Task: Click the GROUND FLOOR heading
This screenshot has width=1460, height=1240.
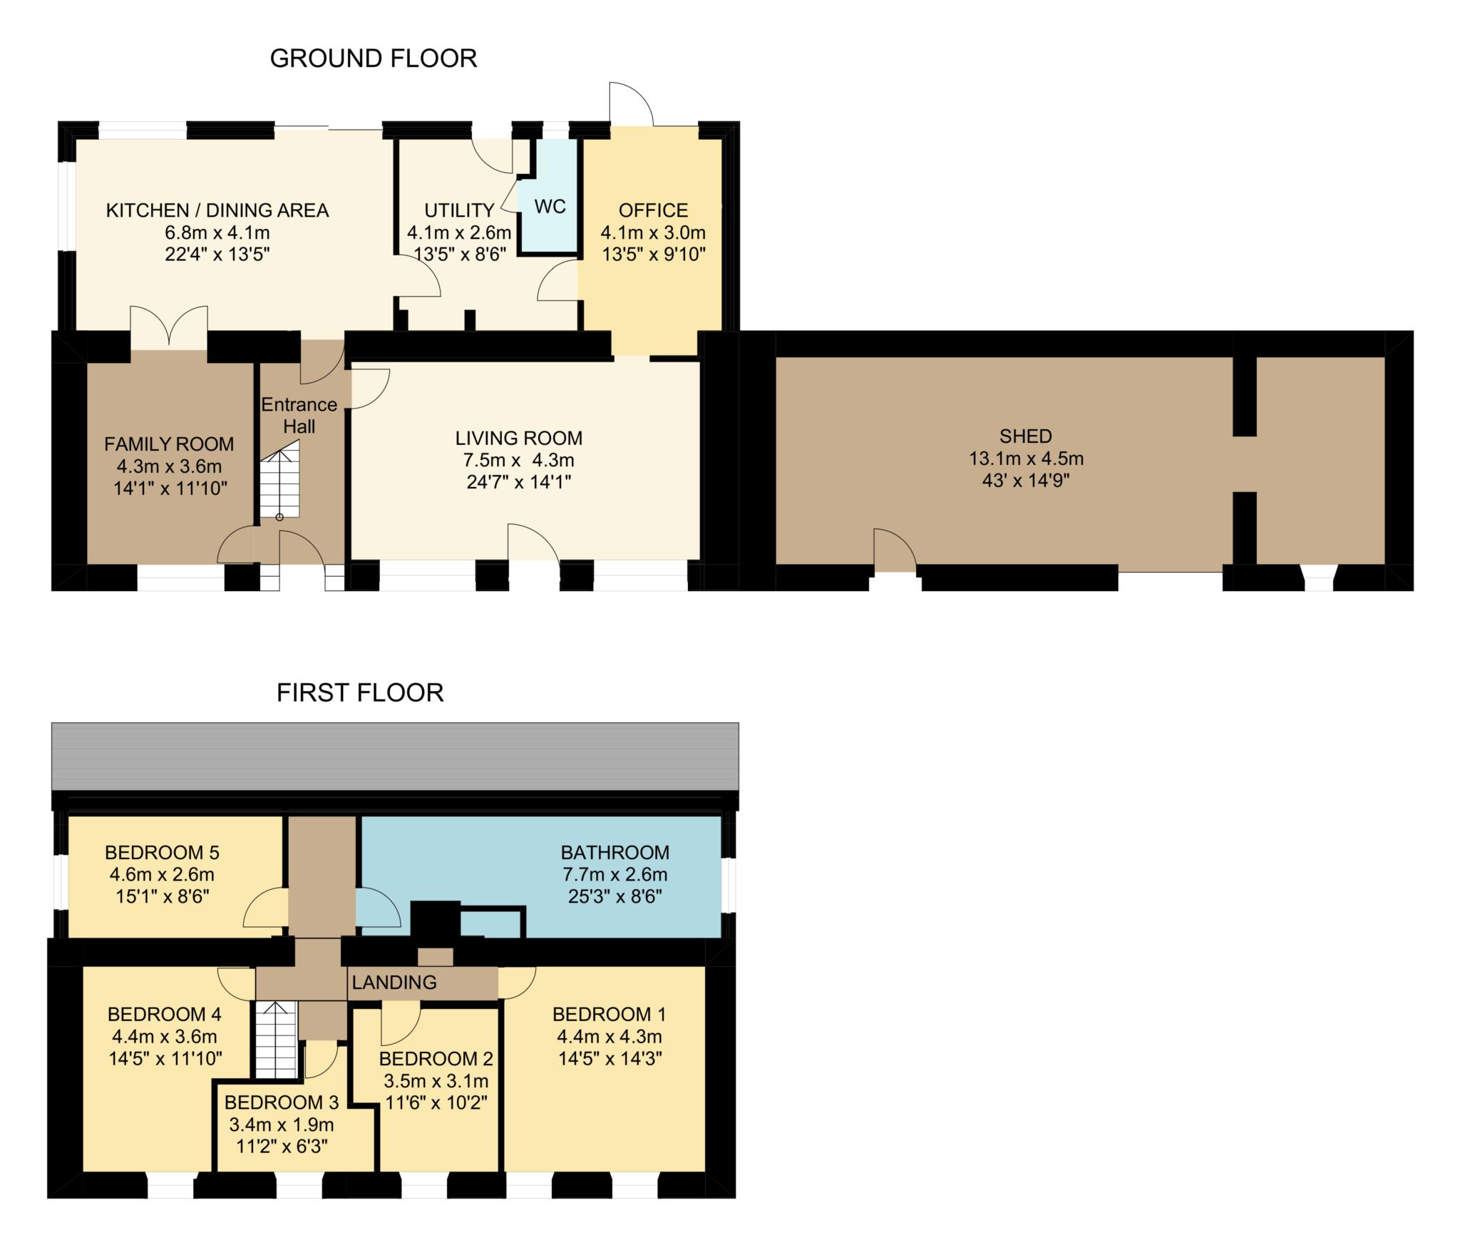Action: point(374,58)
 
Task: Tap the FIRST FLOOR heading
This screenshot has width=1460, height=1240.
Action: point(360,692)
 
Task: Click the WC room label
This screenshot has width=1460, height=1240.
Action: point(550,207)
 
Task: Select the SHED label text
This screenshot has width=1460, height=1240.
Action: point(1026,436)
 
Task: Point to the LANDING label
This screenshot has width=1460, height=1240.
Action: point(394,982)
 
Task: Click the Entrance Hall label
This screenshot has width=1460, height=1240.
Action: point(299,415)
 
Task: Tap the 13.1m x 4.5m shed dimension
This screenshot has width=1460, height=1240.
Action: point(1026,458)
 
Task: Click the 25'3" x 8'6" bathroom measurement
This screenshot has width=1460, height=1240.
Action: point(615,896)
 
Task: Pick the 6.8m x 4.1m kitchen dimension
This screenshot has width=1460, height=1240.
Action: point(217,232)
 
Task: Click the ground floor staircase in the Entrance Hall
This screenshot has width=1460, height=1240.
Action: point(279,479)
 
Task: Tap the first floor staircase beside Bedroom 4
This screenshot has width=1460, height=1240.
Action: point(275,1040)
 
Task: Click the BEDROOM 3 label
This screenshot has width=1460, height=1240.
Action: point(282,1102)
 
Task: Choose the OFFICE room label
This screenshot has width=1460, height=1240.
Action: point(654,210)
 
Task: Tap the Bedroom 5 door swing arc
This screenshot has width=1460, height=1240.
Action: point(265,908)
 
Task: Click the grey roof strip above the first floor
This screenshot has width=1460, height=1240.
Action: point(395,756)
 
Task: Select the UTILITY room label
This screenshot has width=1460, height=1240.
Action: point(459,210)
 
